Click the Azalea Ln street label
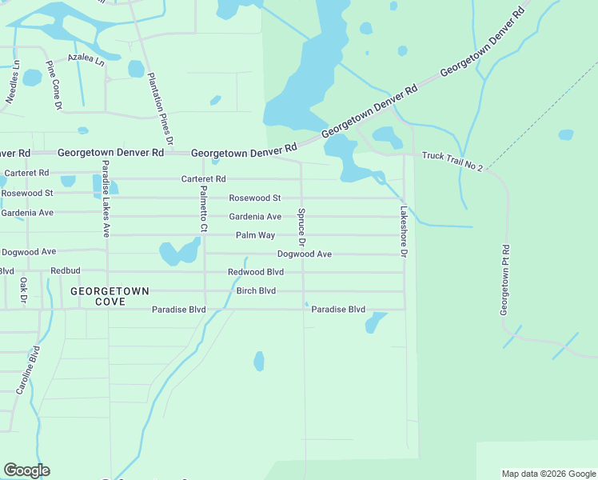(x=86, y=59)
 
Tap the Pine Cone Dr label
(x=54, y=78)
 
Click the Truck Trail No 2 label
(x=452, y=160)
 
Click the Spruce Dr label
(x=301, y=227)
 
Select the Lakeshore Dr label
(x=404, y=232)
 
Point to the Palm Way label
(x=255, y=235)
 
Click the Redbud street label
(x=66, y=271)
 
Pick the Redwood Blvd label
(x=256, y=272)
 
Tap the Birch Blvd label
(x=256, y=290)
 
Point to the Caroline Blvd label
(x=28, y=370)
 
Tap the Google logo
(x=26, y=470)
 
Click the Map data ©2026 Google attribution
(x=548, y=474)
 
